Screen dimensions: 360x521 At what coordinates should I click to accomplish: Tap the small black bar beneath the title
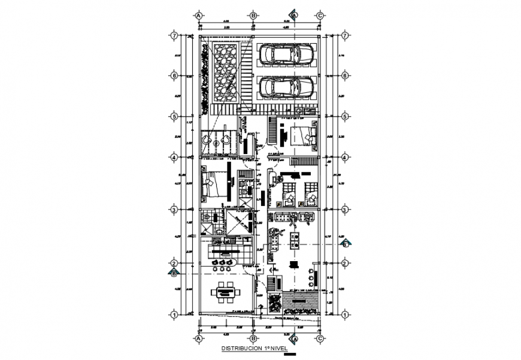(289, 353)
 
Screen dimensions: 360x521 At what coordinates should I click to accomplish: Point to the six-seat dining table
(226, 293)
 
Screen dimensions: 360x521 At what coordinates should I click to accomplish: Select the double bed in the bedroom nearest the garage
(304, 137)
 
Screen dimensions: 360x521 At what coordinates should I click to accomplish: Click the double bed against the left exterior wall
(213, 184)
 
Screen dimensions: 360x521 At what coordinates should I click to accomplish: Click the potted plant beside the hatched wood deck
(274, 304)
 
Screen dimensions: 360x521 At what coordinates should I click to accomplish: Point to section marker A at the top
(293, 14)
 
